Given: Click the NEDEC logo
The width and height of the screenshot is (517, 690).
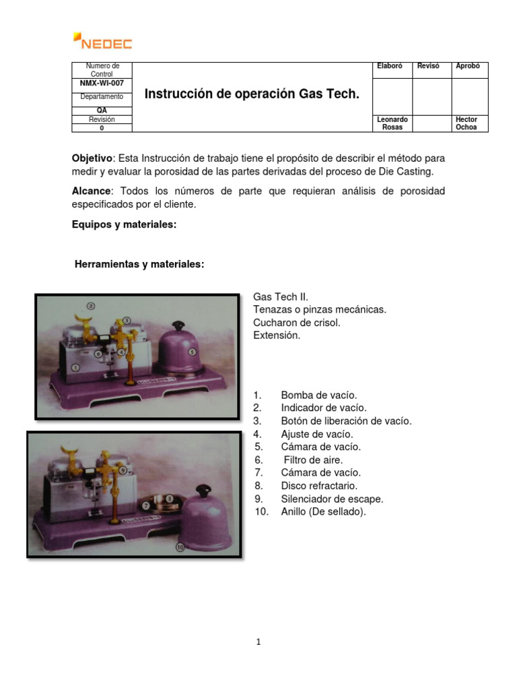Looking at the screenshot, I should coord(102,42).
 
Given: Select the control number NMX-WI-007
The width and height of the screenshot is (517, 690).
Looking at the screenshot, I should coord(102,84).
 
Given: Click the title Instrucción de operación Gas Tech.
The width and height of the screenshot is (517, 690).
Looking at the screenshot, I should coord(252,94).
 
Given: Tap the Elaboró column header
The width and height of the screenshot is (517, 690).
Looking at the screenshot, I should coord(390,66).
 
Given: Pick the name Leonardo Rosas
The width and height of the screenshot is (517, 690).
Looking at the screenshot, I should coord(392,123).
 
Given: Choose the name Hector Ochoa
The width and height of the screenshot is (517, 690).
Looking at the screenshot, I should coord(467,123).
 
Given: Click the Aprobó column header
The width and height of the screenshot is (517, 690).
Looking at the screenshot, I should coord(467,66).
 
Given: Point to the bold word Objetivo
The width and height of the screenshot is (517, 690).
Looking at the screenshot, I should coord(93,158).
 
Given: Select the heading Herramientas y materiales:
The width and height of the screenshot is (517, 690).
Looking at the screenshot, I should coord(139,265).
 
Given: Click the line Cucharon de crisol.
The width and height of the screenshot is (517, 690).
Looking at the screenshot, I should coord(296,323).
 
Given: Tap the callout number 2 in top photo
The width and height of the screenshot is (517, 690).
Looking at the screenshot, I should coord(90,305).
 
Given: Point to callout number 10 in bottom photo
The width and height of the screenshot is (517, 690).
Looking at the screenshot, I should coord(180,548).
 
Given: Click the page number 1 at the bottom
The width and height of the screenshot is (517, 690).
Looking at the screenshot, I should coord(258,642).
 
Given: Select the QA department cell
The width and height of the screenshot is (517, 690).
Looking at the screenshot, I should coord(102,111).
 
